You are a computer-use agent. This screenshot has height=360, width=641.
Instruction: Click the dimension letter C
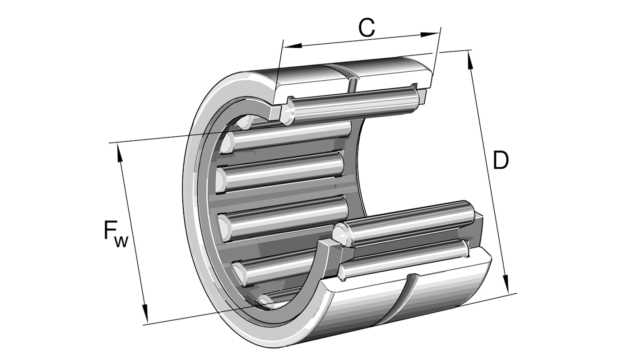pyautogui.click(x=367, y=28)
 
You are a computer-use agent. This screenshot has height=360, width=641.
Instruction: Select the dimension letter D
pyautogui.click(x=500, y=161)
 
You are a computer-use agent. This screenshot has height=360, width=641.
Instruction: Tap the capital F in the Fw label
pyautogui.click(x=111, y=231)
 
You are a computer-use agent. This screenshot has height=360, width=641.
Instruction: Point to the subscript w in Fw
pyautogui.click(x=121, y=241)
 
